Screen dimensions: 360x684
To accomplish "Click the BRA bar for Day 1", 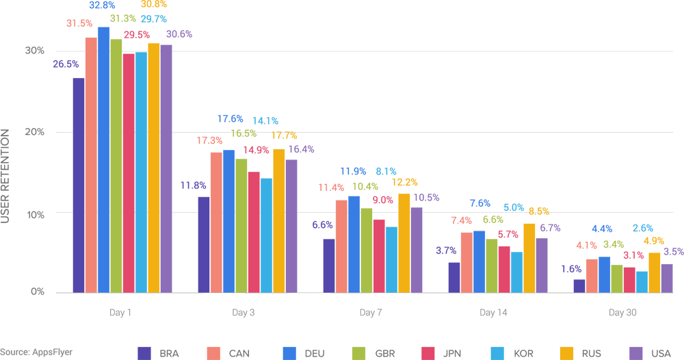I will [79, 185].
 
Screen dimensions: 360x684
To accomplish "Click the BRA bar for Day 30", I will [579, 285].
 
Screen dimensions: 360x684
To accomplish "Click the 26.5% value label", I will [65, 64].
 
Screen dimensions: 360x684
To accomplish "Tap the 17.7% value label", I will [283, 136].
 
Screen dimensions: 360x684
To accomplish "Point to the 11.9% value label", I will [354, 171].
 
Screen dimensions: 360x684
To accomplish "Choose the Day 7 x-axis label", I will [371, 313].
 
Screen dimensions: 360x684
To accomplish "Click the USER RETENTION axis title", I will [6, 175].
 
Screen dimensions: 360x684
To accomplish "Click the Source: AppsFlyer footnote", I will [36, 352].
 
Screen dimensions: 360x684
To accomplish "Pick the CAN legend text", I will [239, 353].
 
